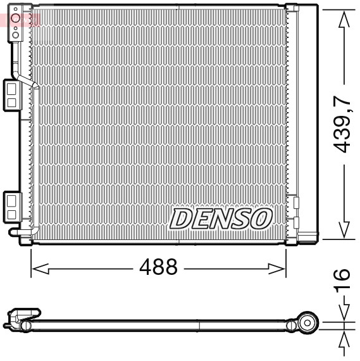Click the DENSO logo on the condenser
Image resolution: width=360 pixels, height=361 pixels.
[x=221, y=218]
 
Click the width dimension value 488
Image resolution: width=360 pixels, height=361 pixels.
[x=158, y=267]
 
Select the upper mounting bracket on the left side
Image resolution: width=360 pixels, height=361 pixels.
[x=13, y=94]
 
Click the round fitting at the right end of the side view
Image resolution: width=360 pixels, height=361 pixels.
[x=308, y=321]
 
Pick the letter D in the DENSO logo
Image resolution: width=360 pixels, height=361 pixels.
[x=182, y=219]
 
